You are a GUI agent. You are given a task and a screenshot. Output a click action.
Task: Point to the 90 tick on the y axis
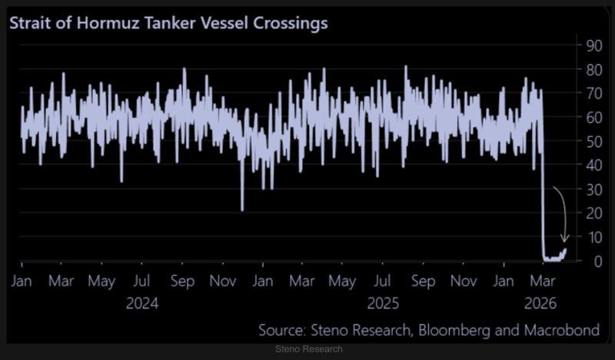pos(593,45)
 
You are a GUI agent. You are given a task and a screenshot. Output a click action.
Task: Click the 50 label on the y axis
pos(593,141)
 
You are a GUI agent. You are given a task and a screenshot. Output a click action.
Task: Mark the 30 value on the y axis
pos(593,189)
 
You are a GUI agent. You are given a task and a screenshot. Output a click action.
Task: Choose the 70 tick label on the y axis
pos(593,93)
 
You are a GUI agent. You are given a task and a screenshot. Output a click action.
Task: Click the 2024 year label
pos(141,303)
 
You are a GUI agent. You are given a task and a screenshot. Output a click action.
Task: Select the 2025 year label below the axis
pos(384,303)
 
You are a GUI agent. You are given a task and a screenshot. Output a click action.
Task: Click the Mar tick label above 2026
pos(544,282)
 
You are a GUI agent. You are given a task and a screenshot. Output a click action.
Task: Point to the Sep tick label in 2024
pos(182,282)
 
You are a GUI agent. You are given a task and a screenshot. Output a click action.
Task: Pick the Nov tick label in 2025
pos(464,282)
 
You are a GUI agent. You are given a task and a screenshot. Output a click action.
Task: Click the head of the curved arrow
pos(565,241)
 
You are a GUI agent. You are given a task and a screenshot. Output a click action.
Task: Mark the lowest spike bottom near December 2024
pos(242,210)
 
